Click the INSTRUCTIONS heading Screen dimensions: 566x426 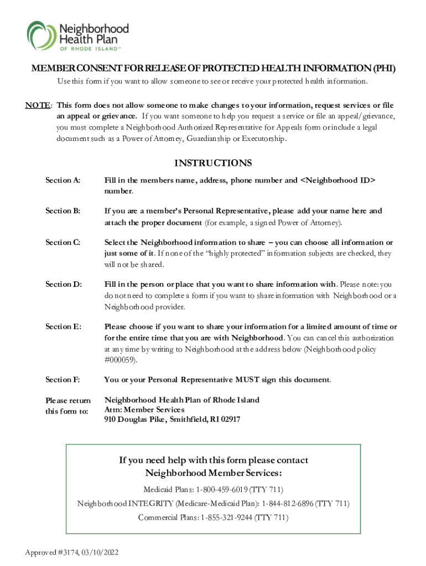pos(213,163)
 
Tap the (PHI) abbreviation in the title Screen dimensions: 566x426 pos(385,69)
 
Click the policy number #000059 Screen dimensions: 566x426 pos(120,360)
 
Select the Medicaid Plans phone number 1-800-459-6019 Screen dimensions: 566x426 pos(220,490)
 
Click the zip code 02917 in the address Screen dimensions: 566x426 pos(230,420)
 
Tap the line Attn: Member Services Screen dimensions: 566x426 pos(144,410)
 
